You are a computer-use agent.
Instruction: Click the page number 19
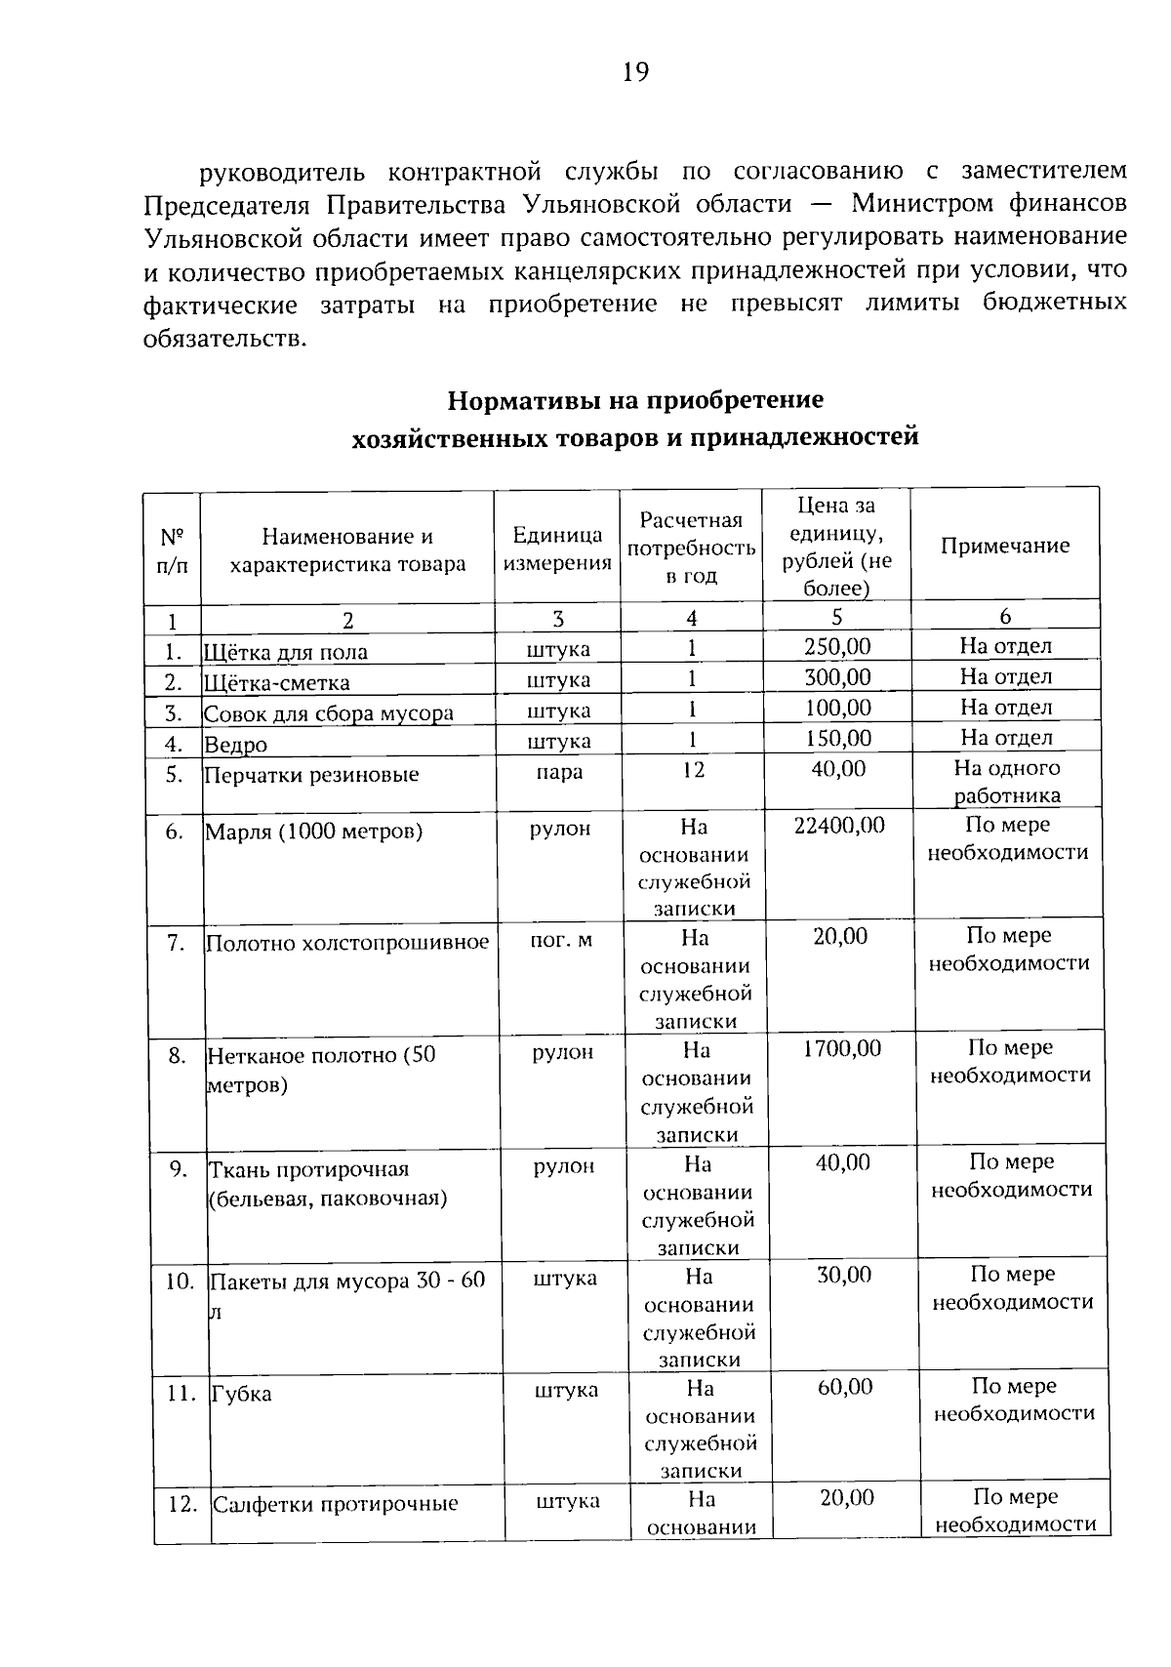tap(634, 73)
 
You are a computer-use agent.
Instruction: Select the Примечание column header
tap(1004, 546)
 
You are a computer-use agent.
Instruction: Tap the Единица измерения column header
tap(557, 549)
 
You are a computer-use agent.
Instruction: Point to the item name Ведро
tap(235, 745)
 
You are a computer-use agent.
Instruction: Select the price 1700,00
tap(841, 1049)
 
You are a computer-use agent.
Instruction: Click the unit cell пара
tap(559, 772)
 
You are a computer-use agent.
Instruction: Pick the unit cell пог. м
tap(560, 940)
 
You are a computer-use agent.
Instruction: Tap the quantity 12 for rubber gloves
tap(692, 770)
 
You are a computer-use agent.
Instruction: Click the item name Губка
tap(241, 1394)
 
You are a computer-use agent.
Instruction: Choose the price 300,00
tap(837, 677)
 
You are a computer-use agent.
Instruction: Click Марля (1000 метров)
tap(313, 832)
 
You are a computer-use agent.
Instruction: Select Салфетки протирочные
tap(336, 1504)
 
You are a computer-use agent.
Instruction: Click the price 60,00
tap(844, 1387)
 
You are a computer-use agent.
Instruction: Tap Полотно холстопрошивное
tap(347, 943)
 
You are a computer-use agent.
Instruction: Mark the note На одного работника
tap(1006, 782)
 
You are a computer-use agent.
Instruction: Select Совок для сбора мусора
tap(328, 713)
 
